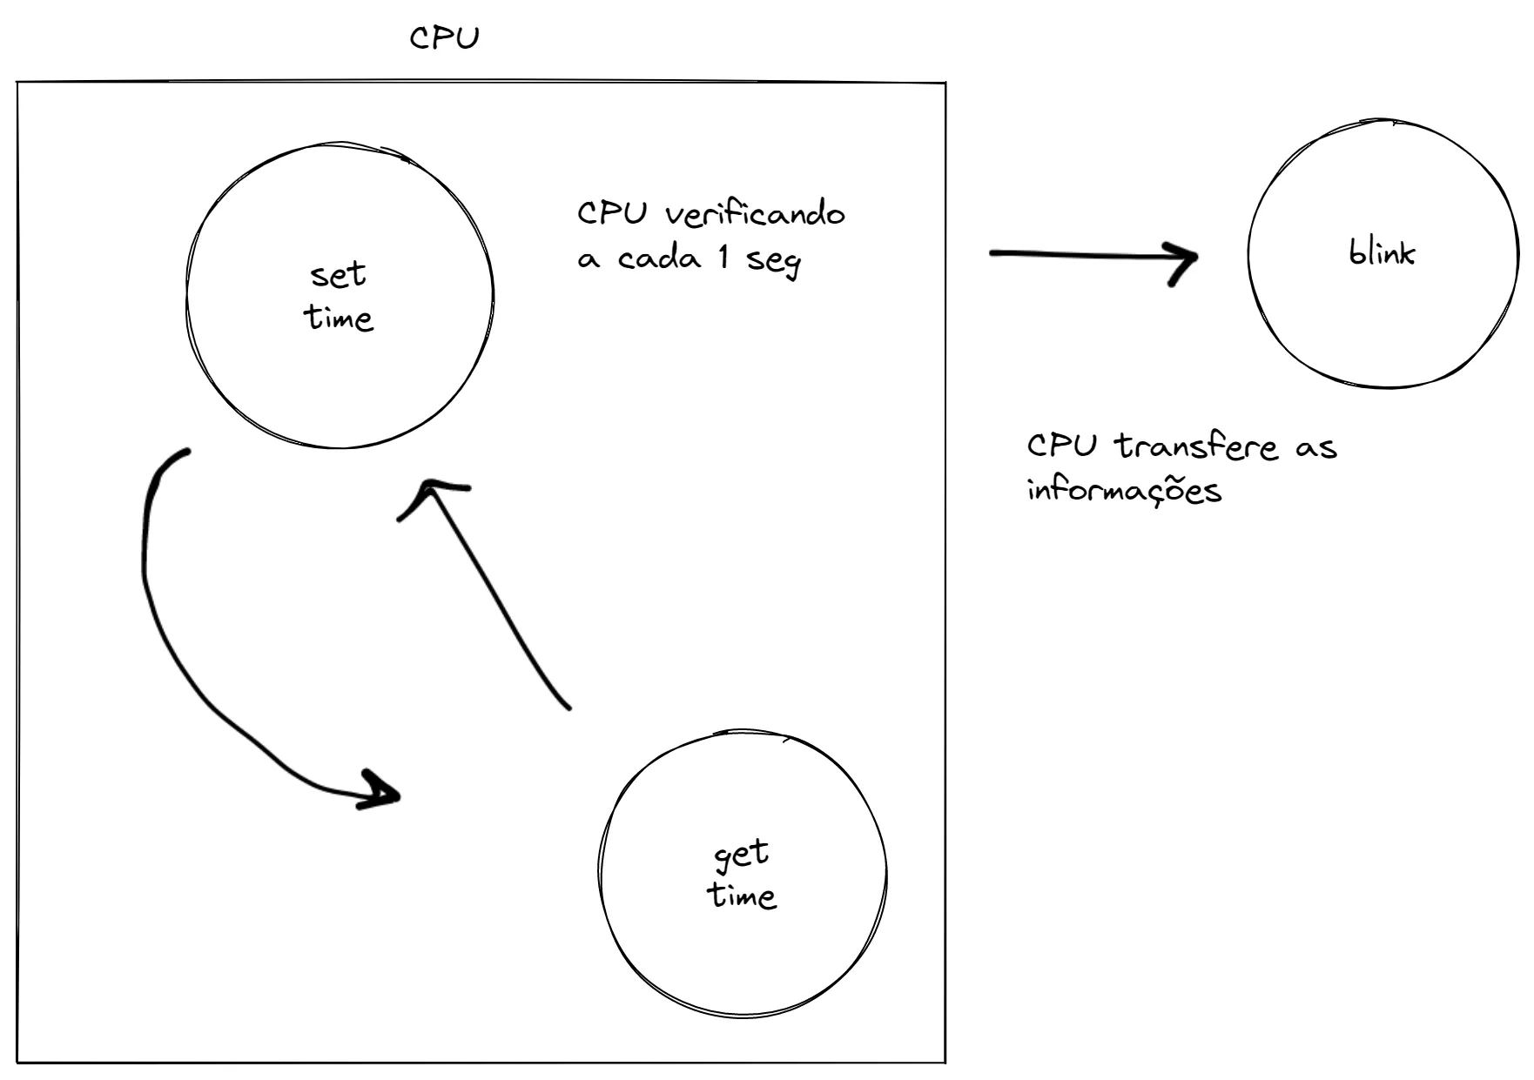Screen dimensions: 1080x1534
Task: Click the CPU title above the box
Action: click(444, 38)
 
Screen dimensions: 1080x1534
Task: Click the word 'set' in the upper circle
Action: click(338, 275)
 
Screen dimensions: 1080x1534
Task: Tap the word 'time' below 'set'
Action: click(339, 318)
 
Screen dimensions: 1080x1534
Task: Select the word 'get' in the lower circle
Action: click(741, 855)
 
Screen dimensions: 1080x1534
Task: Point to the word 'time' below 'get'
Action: click(741, 896)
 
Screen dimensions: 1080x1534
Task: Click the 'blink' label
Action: click(1382, 252)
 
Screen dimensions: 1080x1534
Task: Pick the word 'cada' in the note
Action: click(659, 258)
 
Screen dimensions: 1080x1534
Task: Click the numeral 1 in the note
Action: click(723, 257)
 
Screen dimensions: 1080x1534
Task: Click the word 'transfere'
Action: click(1197, 446)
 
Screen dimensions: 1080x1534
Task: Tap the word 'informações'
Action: click(1124, 490)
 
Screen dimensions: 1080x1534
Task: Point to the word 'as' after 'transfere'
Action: click(1315, 448)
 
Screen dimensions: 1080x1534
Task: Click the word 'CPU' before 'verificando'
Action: click(613, 213)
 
